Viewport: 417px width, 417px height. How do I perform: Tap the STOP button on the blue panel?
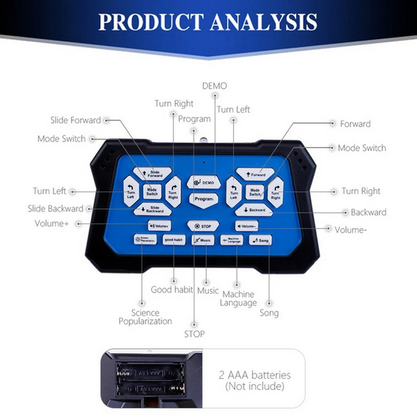coord(203,226)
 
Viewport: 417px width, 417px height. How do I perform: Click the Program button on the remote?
coord(204,199)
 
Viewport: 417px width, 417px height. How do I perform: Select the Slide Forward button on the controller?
coord(153,173)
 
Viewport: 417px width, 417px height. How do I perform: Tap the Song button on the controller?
coord(261,241)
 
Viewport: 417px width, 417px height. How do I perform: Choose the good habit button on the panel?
coord(174,240)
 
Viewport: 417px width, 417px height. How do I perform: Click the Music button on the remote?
coord(203,241)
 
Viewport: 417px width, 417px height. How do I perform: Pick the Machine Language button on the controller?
coord(232,241)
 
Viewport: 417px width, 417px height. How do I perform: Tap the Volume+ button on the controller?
coord(160,226)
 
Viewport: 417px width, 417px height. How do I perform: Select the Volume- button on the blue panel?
coord(246,226)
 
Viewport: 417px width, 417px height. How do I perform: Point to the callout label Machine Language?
coord(238,299)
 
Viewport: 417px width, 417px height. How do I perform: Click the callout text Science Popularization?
coord(145,317)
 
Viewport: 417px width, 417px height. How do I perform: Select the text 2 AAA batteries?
coord(255,375)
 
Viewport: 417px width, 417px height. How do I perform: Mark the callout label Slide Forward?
coord(75,120)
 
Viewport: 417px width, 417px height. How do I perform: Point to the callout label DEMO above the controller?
coord(214,86)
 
